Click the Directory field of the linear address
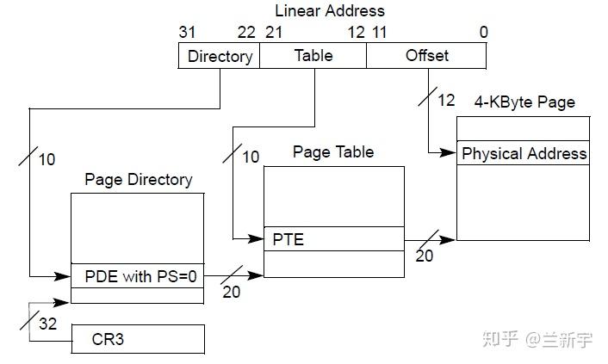pos(219,56)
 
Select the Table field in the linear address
pos(313,56)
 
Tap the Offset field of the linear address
pos(426,56)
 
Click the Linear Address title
pos(330,11)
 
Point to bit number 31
pos(188,33)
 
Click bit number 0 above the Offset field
pos(483,33)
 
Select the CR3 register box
pos(138,339)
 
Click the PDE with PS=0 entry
pos(138,276)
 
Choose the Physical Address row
pos(524,154)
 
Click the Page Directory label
pos(138,180)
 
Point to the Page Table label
pos(333,152)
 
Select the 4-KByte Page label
pos(524,102)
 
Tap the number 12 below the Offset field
pos(445,100)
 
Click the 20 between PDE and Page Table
pos(231,292)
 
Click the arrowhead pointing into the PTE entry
pos(257,238)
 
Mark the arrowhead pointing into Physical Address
pos(450,154)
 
